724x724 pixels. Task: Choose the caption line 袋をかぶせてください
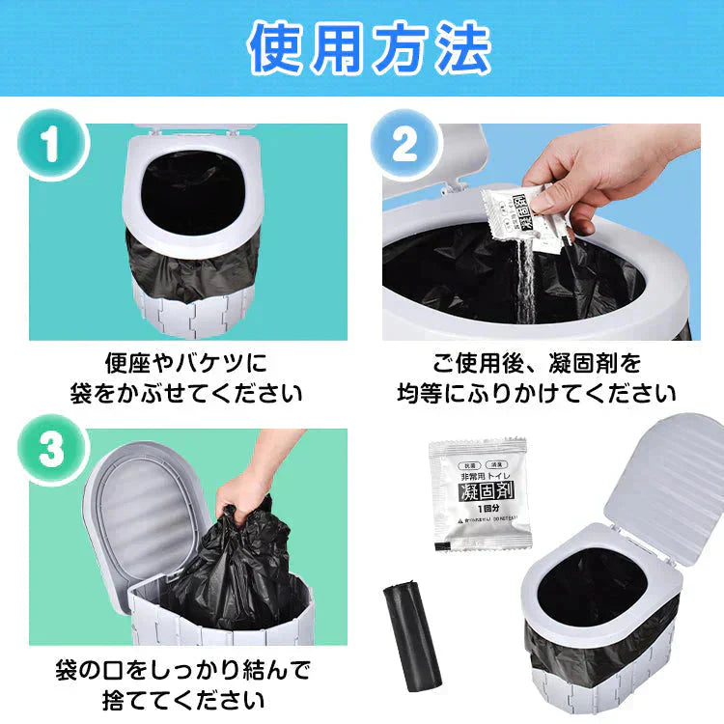[185, 394]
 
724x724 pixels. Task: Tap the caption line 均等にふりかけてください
[538, 394]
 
